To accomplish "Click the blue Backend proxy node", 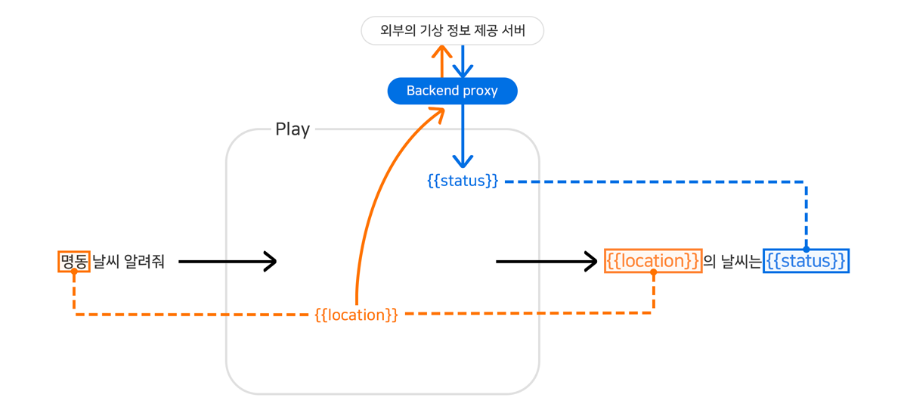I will point(452,91).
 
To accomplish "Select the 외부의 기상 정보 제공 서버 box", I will point(452,31).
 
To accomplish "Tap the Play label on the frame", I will point(293,129).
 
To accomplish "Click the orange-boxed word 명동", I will point(74,262).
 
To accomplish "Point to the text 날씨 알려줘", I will point(128,262).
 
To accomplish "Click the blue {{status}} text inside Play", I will point(463,182).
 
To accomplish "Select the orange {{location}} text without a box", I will point(356,315).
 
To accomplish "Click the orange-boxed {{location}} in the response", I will point(653,261).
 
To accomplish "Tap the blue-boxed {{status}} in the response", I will point(806,261).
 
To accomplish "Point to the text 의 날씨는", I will point(732,262).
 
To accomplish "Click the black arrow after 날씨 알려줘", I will point(227,262).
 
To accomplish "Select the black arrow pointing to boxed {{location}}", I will point(546,262).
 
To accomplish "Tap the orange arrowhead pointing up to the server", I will point(442,53).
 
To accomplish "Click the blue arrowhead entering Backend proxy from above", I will point(463,70).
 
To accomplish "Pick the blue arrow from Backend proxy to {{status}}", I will point(463,136).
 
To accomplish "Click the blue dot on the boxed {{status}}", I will point(806,249).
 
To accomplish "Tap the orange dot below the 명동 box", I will point(74,272).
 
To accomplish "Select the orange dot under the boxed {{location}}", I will point(653,272).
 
